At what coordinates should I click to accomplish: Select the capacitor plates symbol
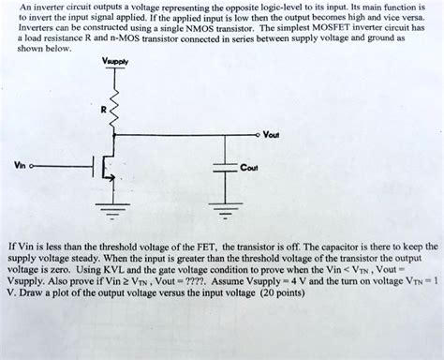click(x=225, y=168)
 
